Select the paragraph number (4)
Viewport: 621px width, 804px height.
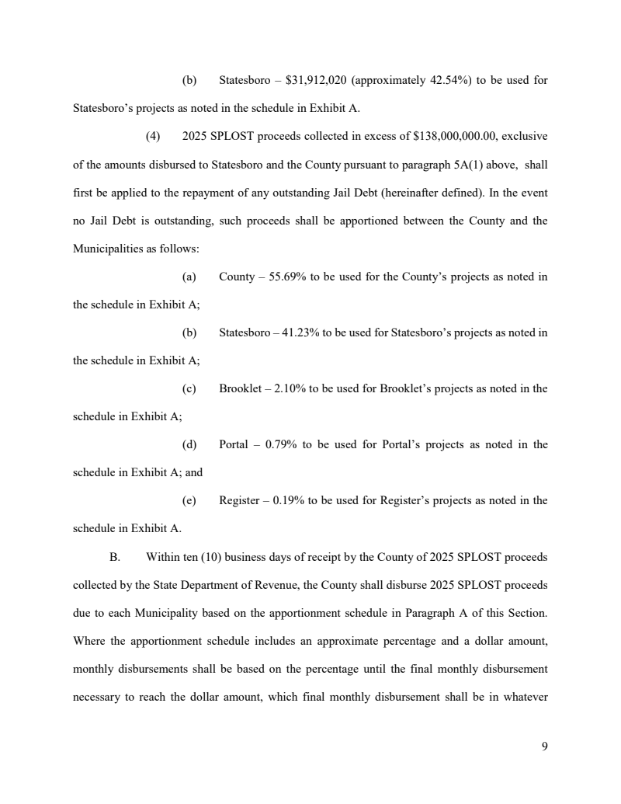tap(153, 137)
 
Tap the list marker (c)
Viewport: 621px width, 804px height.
tap(189, 389)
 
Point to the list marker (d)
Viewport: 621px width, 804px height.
tap(189, 445)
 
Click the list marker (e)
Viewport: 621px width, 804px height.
tap(189, 501)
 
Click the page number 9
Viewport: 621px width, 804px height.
tap(544, 747)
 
